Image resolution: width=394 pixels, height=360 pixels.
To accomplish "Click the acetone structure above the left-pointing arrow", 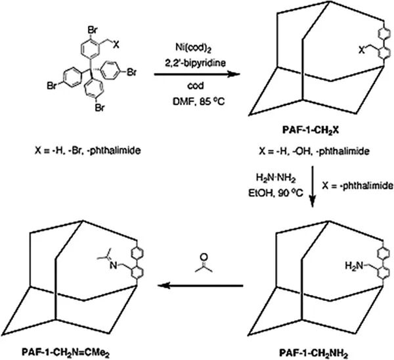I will [200, 261].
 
